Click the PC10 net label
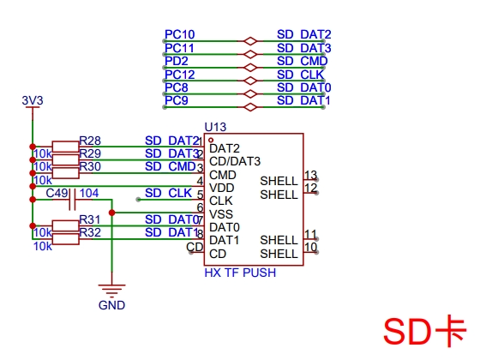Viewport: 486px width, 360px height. tap(179, 34)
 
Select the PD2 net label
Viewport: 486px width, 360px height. tap(176, 61)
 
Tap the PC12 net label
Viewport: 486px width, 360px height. tap(179, 75)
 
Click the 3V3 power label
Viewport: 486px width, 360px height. tap(33, 100)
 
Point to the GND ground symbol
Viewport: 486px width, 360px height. tap(112, 289)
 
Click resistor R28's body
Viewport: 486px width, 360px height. tap(65, 147)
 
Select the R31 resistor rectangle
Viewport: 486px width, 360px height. tap(65, 225)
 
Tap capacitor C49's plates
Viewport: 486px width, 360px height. tap(72, 200)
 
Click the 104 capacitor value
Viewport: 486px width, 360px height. tap(89, 193)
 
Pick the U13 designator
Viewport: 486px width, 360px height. tap(215, 127)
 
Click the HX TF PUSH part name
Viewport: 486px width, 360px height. tap(240, 273)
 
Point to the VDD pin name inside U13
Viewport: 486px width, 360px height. tap(222, 188)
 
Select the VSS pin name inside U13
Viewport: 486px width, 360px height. tap(221, 214)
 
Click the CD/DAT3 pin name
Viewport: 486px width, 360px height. tap(235, 161)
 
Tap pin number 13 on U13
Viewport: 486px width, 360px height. tap(310, 175)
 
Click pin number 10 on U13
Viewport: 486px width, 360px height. tap(310, 247)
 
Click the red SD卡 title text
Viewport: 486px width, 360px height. tap(425, 331)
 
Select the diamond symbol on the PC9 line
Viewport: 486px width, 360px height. tap(250, 107)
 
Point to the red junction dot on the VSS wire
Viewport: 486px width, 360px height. tap(112, 213)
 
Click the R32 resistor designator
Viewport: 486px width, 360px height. tap(90, 232)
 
